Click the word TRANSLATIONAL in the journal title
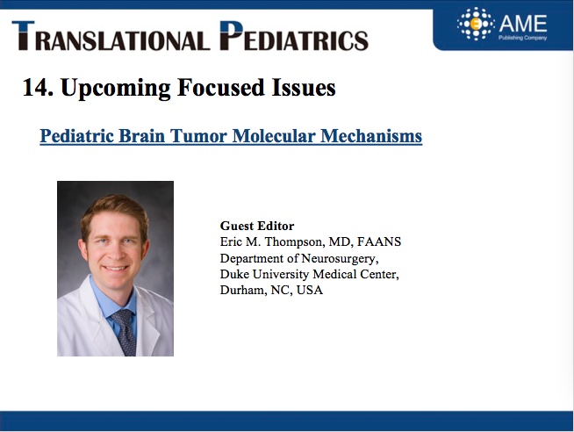coord(111,35)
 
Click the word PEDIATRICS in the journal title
coord(294,35)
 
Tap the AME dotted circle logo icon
coord(476,24)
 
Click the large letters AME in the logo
coord(523,24)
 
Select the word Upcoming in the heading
coord(116,89)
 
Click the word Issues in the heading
coord(304,88)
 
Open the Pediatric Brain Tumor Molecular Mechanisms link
coord(231,136)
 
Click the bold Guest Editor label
coord(257,226)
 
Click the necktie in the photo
coord(125,332)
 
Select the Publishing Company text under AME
coord(522,38)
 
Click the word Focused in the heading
coord(221,88)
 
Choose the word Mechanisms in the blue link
coord(371,136)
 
